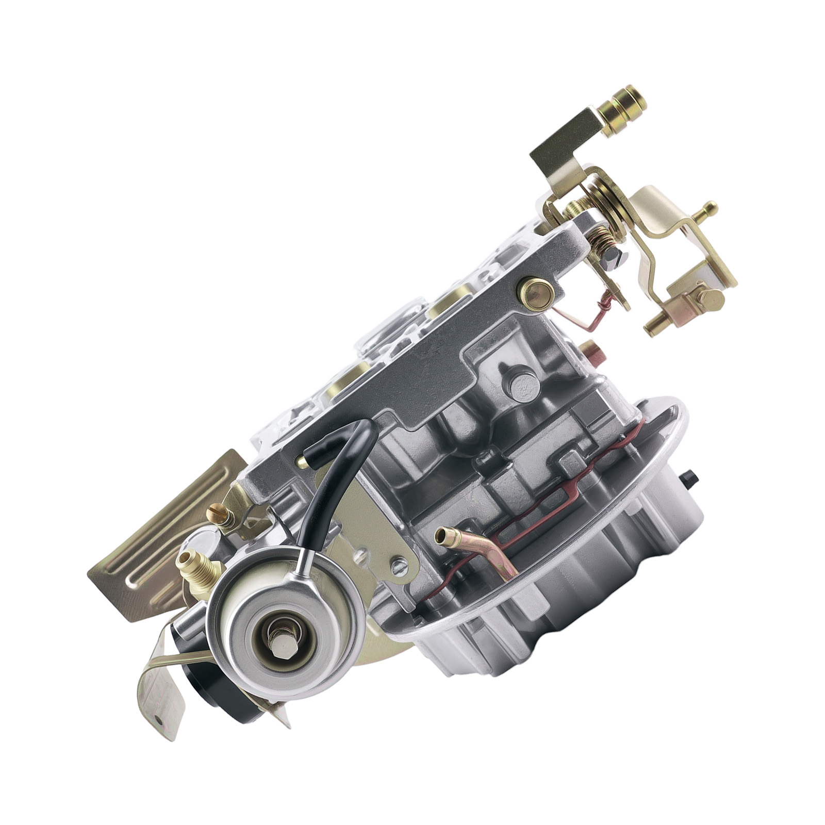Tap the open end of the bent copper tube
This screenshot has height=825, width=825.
pyautogui.click(x=441, y=536)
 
